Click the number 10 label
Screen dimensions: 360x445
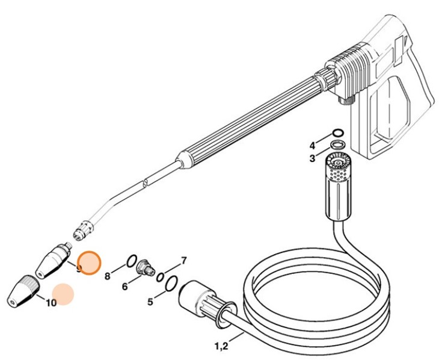tap(51, 303)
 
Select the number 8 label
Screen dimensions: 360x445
tap(108, 276)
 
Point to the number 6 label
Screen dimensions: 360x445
tap(124, 287)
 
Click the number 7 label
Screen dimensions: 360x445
tap(184, 261)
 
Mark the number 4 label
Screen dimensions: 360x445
tap(312, 145)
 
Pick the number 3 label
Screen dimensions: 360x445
tap(312, 158)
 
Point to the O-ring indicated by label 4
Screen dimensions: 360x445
tap(338, 132)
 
